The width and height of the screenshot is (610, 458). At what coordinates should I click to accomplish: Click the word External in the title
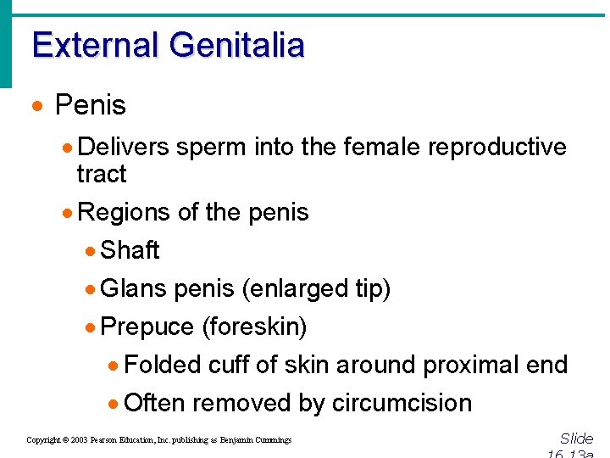pyautogui.click(x=94, y=45)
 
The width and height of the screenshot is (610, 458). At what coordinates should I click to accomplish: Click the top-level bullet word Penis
pyautogui.click(x=90, y=106)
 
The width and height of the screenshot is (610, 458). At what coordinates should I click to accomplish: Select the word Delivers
pyautogui.click(x=124, y=147)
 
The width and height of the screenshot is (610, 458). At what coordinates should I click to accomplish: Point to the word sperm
pyautogui.click(x=209, y=147)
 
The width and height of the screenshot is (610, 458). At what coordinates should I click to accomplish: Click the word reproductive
pyautogui.click(x=497, y=147)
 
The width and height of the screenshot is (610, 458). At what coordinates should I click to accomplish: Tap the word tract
pyautogui.click(x=101, y=174)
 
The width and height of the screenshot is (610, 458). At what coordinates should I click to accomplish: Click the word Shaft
pyautogui.click(x=130, y=250)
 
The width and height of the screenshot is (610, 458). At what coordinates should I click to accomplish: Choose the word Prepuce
pyautogui.click(x=147, y=327)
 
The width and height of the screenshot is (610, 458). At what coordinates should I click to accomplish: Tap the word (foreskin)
pyautogui.click(x=254, y=327)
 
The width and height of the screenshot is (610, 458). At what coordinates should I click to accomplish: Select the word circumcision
pyautogui.click(x=402, y=403)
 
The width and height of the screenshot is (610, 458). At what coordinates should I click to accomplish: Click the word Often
pyautogui.click(x=154, y=403)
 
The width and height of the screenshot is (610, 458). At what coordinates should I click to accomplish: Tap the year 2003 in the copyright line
pyautogui.click(x=80, y=440)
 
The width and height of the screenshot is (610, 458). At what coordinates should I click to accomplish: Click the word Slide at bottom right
pyautogui.click(x=576, y=438)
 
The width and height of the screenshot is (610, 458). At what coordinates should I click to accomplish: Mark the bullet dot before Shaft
pyautogui.click(x=91, y=251)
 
